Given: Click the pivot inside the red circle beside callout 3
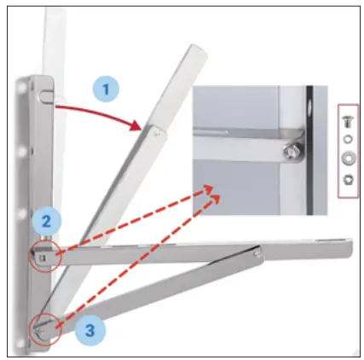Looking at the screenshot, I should [42, 328].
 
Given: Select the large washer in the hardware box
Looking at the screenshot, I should [350, 159].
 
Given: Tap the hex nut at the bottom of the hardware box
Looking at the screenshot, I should [350, 180].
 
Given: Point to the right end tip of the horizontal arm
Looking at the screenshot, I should [350, 248].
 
